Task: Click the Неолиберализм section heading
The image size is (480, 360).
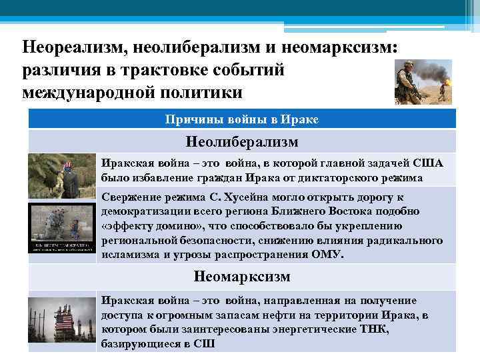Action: coord(242,142)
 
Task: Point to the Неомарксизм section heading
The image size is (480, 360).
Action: coord(242,276)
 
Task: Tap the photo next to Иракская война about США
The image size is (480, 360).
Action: coord(62,175)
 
